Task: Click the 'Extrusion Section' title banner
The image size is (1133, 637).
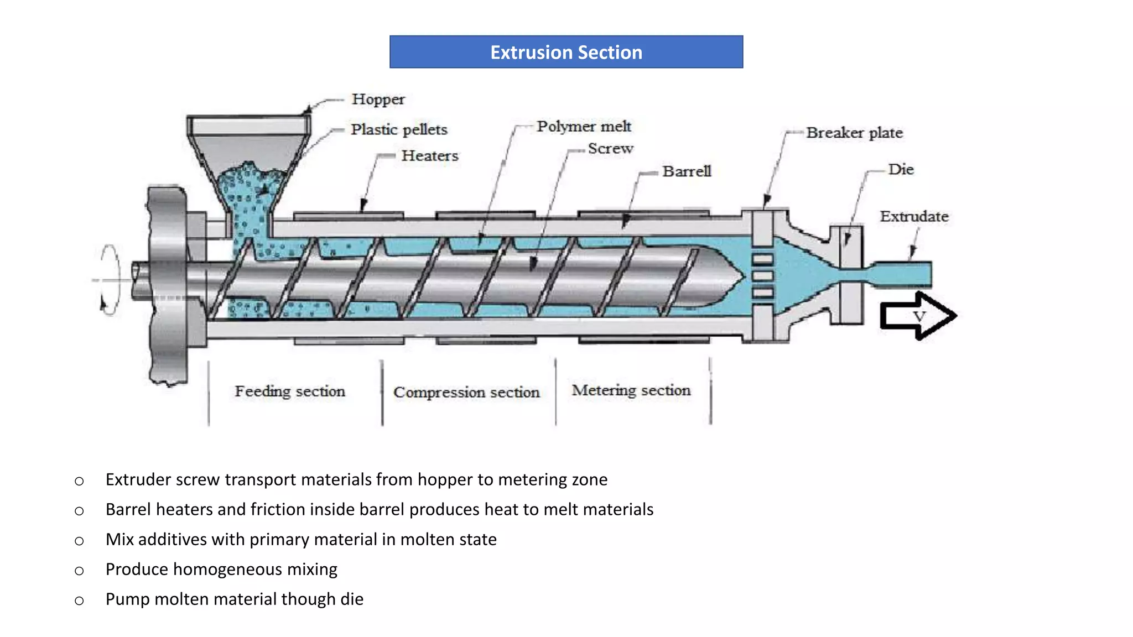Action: pyautogui.click(x=566, y=52)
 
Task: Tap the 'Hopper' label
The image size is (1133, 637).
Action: pyautogui.click(x=378, y=100)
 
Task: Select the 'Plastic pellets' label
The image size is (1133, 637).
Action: pyautogui.click(x=399, y=129)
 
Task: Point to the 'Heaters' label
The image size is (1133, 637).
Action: pyautogui.click(x=430, y=156)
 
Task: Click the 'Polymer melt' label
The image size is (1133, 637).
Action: pyautogui.click(x=584, y=127)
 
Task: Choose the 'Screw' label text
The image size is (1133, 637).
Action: pyautogui.click(x=610, y=149)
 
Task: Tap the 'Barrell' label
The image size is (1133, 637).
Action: pyautogui.click(x=687, y=171)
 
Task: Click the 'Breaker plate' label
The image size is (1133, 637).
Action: pyautogui.click(x=854, y=133)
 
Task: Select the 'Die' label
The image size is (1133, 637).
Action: pyautogui.click(x=901, y=169)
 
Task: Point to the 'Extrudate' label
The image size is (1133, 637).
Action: pyautogui.click(x=914, y=216)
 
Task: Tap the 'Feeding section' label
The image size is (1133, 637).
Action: pyautogui.click(x=290, y=391)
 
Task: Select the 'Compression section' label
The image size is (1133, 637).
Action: pyautogui.click(x=466, y=393)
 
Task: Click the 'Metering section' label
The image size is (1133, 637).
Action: pyautogui.click(x=631, y=390)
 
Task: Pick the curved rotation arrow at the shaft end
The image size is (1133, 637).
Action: pyautogui.click(x=110, y=279)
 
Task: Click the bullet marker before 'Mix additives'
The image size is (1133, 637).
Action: pyautogui.click(x=79, y=541)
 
